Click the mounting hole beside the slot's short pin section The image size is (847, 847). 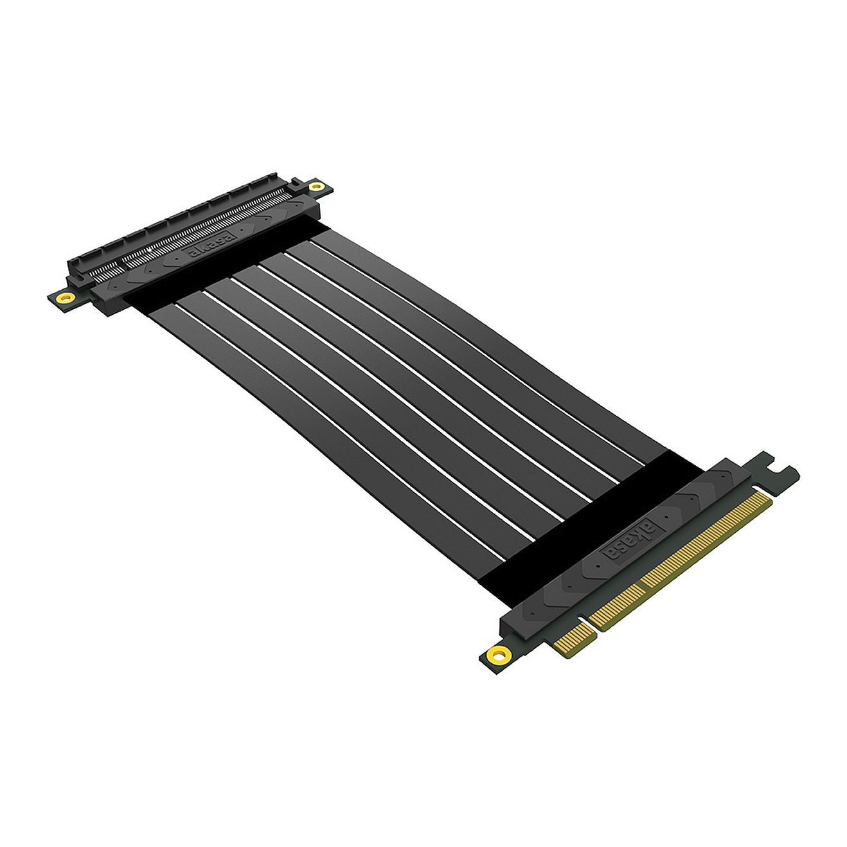pos(66,298)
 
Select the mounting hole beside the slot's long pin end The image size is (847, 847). pos(315,187)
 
